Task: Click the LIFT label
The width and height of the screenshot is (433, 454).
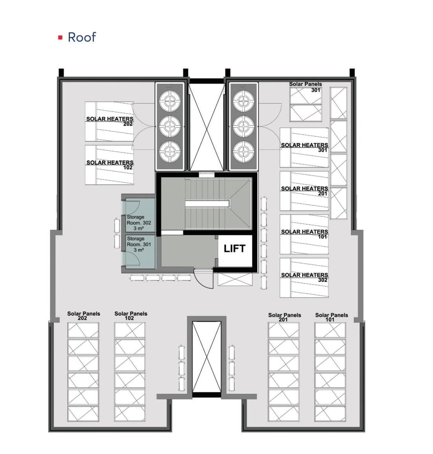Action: tap(235, 249)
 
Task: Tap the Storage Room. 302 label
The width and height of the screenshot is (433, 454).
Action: tap(139, 223)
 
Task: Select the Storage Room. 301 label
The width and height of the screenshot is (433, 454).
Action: tap(139, 244)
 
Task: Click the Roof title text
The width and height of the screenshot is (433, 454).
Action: tap(82, 37)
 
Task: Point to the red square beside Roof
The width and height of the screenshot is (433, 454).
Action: tap(60, 37)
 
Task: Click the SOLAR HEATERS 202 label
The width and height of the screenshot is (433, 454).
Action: tap(110, 121)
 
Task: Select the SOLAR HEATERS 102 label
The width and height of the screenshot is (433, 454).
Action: tap(110, 165)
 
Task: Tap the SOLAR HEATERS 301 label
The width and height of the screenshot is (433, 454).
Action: tap(305, 147)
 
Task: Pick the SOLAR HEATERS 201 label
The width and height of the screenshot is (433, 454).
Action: tap(305, 191)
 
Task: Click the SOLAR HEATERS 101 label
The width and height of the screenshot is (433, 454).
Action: tap(305, 234)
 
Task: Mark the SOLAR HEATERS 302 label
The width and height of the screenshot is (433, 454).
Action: tap(305, 277)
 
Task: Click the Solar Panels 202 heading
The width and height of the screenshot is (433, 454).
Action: tap(83, 316)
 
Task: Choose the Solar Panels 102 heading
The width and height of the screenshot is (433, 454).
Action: tap(130, 316)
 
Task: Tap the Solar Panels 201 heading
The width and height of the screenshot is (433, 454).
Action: tap(284, 317)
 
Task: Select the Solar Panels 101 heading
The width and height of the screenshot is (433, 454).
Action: tap(331, 317)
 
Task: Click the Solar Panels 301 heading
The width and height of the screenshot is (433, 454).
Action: tap(305, 87)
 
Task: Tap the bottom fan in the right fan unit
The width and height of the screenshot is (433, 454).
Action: tap(243, 152)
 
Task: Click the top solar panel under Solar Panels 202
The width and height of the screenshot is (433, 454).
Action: tap(83, 330)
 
